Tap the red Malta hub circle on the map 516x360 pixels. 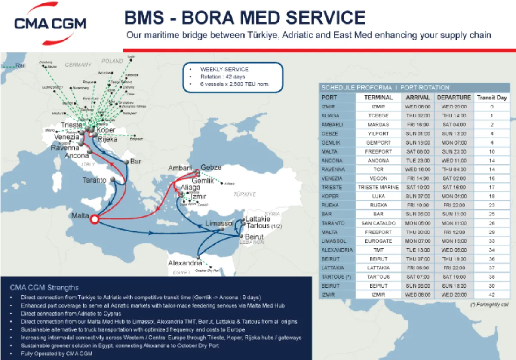click(95, 219)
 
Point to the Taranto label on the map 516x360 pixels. click(94, 180)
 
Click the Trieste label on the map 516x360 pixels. click(71, 125)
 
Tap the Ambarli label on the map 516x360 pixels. click(180, 168)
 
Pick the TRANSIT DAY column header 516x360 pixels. click(492, 98)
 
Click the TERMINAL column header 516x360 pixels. click(378, 98)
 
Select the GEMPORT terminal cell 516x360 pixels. click(378, 142)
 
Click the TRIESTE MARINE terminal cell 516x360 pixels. click(378, 187)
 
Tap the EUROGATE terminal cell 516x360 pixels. click(378, 241)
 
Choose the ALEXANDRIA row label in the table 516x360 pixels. click(337, 250)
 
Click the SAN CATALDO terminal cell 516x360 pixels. click(378, 223)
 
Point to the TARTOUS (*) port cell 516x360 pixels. click(337, 277)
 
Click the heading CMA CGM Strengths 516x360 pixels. click(44, 287)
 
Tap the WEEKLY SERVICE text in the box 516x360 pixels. click(224, 69)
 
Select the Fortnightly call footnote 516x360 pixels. click(490, 305)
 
